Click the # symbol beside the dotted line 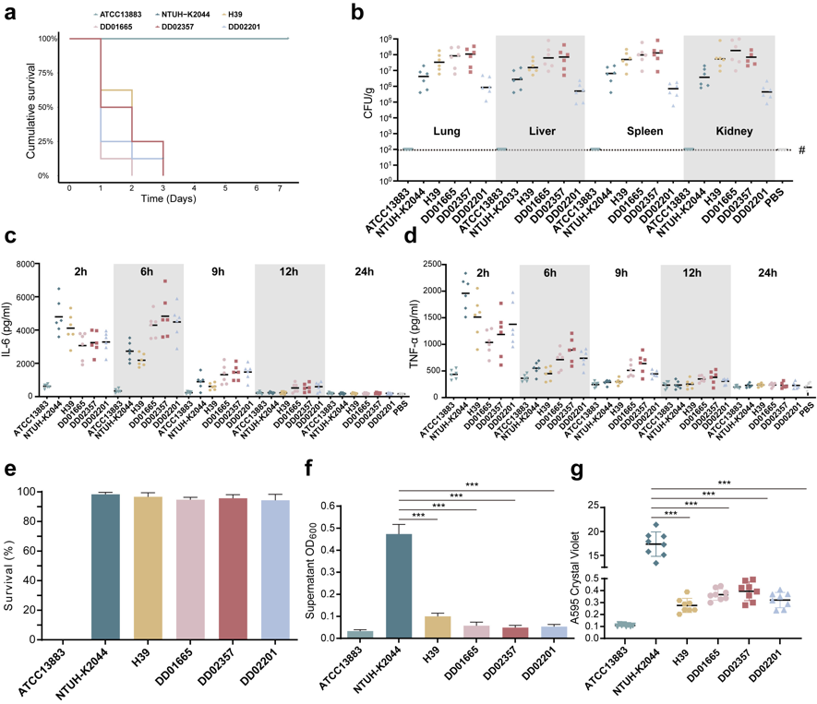pyautogui.click(x=801, y=149)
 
